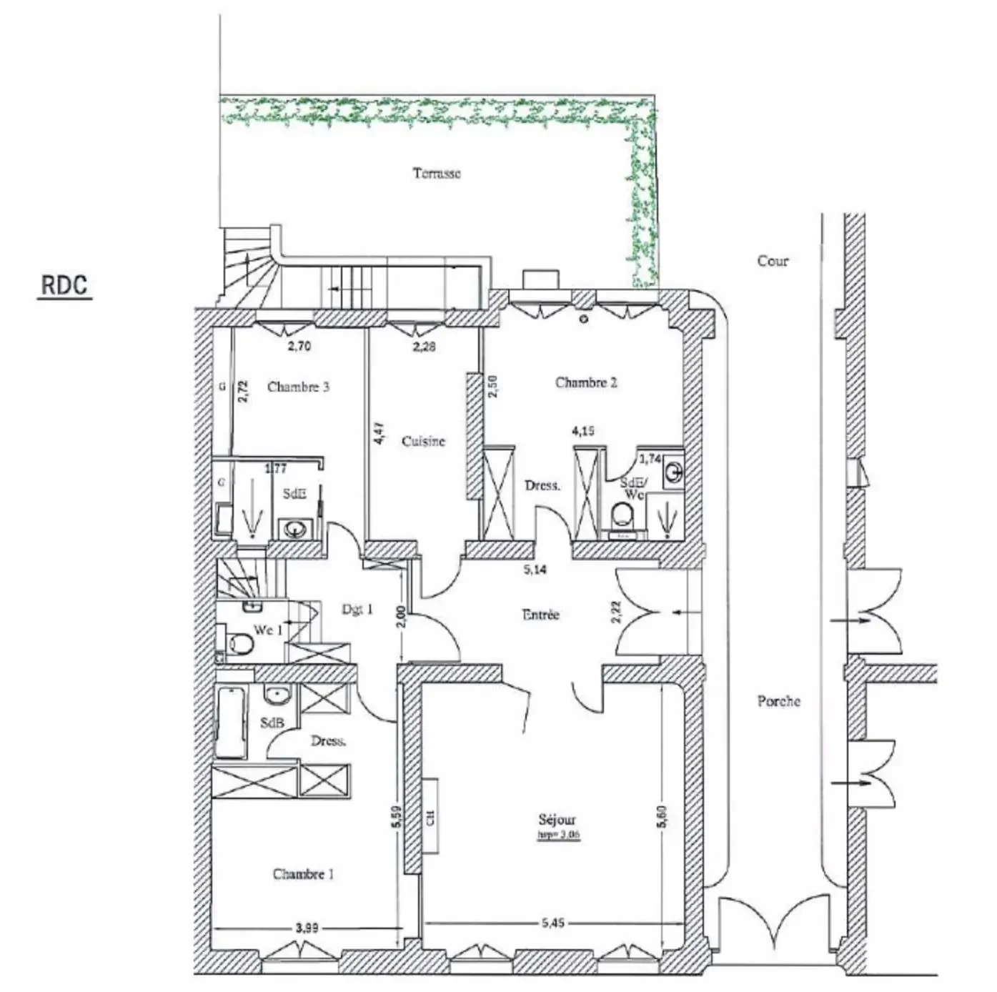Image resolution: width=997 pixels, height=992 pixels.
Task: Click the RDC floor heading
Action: point(64,284)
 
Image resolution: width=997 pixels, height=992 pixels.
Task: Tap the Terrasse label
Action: point(437,173)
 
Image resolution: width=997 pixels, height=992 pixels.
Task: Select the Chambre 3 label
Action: point(298,387)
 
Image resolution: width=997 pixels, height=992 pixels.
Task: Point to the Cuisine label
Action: point(423,441)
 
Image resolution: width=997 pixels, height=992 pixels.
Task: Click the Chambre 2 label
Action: point(585,382)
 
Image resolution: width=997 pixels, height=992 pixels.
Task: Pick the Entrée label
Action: point(540,614)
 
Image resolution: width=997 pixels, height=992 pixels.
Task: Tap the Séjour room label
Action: point(557,820)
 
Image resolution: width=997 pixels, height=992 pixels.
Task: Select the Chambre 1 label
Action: point(303,873)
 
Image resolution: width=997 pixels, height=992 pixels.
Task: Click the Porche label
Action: point(778,701)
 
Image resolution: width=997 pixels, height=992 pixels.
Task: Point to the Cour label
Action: point(773,261)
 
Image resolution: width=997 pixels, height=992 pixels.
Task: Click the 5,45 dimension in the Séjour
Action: point(552,923)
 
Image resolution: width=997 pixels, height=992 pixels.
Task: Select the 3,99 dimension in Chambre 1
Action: point(307,928)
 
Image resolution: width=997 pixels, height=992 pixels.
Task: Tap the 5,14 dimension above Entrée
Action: point(535,570)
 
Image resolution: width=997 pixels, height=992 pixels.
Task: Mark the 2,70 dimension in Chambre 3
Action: point(299,347)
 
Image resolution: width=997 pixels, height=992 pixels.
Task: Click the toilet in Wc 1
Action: point(240,645)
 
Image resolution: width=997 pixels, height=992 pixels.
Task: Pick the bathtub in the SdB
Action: point(230,722)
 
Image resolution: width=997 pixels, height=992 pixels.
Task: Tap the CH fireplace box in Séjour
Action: point(430,816)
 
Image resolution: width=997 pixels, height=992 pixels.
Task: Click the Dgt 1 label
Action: point(357,609)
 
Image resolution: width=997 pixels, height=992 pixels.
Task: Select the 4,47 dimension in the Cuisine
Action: point(380,434)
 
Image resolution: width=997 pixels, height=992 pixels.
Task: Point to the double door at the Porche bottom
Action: point(772,929)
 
